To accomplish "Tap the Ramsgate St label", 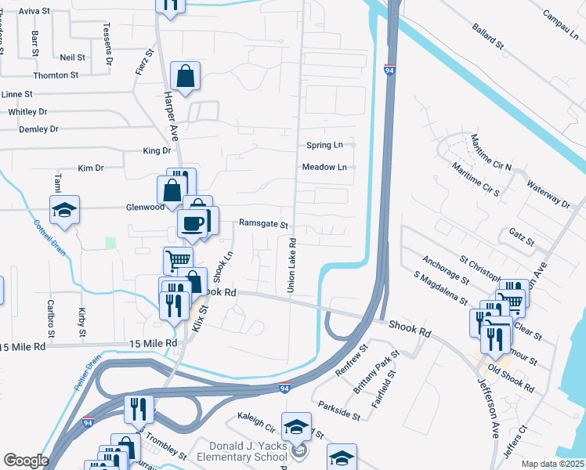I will (264, 223).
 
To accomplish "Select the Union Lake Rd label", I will (291, 266).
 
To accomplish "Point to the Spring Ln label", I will (324, 145).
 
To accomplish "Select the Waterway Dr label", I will (548, 192).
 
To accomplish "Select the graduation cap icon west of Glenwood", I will (65, 210).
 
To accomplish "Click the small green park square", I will (110, 244).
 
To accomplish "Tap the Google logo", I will (25, 461).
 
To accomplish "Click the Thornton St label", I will (56, 75).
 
